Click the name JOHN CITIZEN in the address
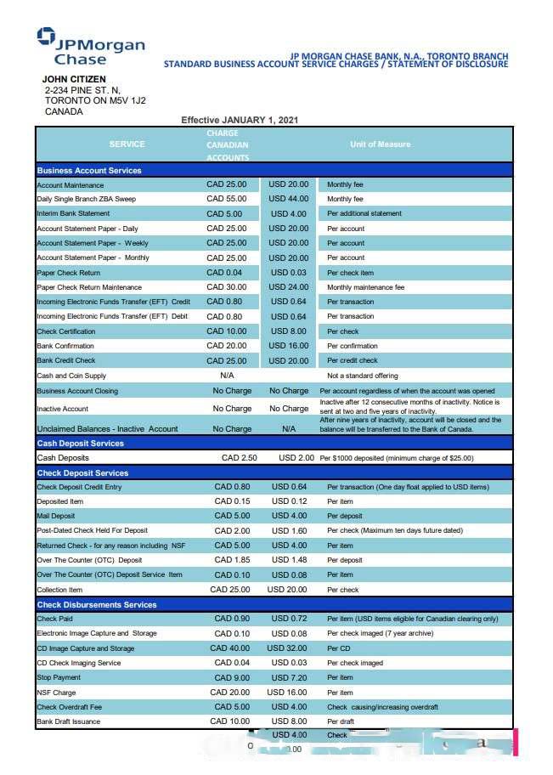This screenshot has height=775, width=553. coord(74,79)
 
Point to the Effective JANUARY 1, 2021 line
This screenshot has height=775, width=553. coord(240,121)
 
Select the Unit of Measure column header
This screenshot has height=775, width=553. coord(380,144)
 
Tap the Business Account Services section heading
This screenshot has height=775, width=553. coord(89,171)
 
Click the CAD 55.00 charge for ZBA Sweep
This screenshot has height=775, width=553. coord(226,199)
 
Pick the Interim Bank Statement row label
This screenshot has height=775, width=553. coord(73,213)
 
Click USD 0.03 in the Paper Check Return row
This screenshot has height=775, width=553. coord(289,273)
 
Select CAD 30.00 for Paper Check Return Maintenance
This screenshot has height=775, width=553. coord(226,287)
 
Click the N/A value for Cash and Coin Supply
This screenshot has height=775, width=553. coord(227,376)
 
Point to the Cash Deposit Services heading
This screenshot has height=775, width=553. coord(81,444)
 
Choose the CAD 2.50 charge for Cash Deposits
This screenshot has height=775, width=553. coord(239,458)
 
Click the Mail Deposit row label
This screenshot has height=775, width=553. coord(56,517)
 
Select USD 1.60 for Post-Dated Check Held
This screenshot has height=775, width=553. coord(289,531)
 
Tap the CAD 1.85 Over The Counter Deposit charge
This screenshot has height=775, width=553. coord(232,560)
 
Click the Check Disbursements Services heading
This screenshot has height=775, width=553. coord(97,605)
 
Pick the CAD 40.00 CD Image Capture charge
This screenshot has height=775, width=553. coord(230,648)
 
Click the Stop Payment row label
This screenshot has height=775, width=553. coord(59,678)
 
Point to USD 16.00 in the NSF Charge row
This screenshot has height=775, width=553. coord(286,693)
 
